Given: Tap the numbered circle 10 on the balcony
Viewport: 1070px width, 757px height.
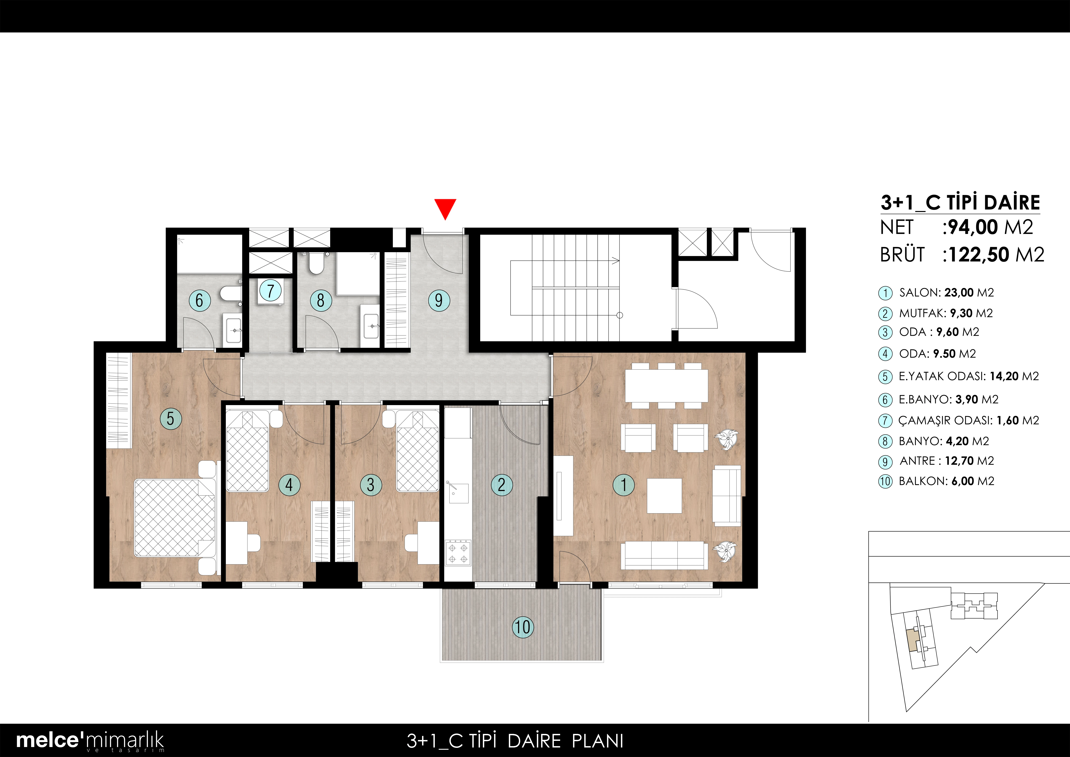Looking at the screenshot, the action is [x=523, y=627].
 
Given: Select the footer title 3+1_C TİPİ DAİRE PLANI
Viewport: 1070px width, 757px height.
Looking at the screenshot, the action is [x=515, y=741].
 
